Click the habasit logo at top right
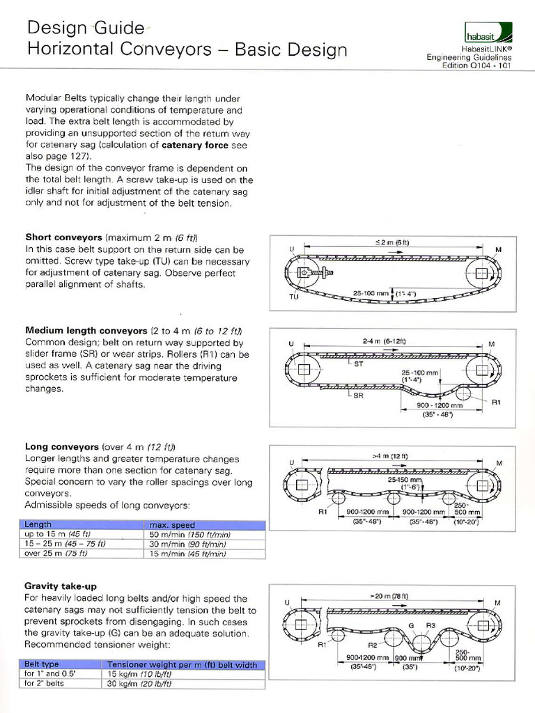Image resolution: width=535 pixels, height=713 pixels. (x=488, y=33)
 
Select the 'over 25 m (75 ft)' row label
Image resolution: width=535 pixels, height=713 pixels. (x=56, y=554)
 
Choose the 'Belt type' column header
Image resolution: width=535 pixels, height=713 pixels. (x=42, y=664)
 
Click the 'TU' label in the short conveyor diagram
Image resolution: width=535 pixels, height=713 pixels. (x=293, y=296)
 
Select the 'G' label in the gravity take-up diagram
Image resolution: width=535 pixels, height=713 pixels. (x=411, y=625)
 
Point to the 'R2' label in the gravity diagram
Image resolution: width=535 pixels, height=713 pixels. (x=373, y=645)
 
